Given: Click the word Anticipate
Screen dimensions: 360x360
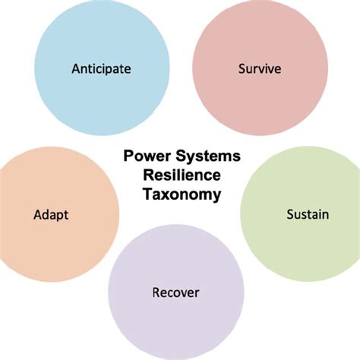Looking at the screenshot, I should coord(101,68).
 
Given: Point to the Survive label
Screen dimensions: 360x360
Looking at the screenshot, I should coord(260,68).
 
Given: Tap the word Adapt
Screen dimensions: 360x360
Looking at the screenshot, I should coord(51,215).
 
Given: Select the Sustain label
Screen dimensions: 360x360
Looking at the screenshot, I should coord(308,214).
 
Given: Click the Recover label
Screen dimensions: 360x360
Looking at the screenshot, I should coord(175,292).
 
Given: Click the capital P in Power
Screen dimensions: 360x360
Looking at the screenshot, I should coord(128,156).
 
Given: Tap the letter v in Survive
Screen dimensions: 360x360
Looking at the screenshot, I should coord(266,69).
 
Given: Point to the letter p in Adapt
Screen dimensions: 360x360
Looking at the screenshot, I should coord(61,216).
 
